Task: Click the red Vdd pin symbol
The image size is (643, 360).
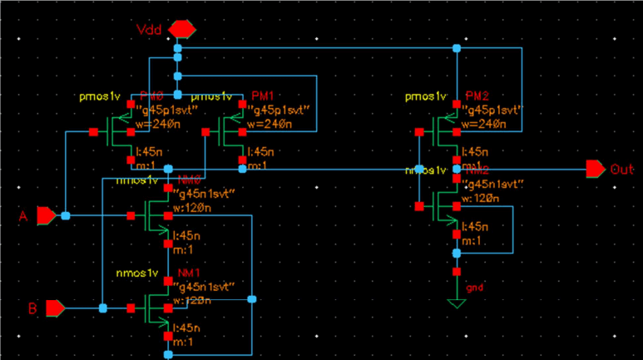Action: [x=181, y=30]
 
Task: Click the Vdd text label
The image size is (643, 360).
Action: [x=151, y=31]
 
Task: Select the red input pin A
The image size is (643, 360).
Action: [x=47, y=216]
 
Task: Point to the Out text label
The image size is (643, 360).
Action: [x=622, y=170]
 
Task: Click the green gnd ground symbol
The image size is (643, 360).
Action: [x=456, y=303]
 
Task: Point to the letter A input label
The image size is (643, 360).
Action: [x=23, y=217]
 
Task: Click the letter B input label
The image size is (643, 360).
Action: [x=32, y=308]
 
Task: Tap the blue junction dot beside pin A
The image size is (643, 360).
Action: [x=65, y=216]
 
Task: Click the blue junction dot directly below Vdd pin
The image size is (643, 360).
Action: [x=178, y=50]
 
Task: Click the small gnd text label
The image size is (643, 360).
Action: [x=475, y=288]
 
